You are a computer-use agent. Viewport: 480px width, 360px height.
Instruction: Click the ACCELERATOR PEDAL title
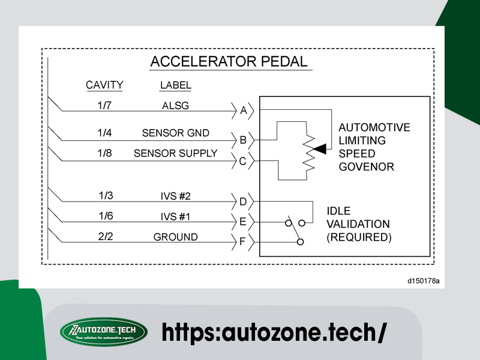229,62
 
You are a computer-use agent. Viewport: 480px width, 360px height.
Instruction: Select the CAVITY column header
104,85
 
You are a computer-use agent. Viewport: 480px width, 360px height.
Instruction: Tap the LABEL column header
175,85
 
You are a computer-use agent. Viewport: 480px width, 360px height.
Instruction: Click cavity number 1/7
105,106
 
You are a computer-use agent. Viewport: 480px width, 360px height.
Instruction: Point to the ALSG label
175,106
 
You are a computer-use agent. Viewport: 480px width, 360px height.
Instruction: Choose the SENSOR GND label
175,133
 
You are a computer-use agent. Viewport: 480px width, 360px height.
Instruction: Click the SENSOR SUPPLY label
175,153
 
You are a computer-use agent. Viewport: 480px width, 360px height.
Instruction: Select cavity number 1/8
105,153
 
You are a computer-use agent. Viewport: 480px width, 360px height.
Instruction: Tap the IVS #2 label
175,196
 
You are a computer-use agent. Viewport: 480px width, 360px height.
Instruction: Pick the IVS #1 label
175,216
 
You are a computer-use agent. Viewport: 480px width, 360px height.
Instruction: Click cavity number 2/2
105,237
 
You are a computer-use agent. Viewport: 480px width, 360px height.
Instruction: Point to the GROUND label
175,237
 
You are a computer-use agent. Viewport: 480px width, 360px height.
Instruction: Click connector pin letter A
243,110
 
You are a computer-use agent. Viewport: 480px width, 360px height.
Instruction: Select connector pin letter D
243,202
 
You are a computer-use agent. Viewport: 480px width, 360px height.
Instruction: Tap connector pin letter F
243,242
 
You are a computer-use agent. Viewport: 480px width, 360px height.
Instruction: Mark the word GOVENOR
366,167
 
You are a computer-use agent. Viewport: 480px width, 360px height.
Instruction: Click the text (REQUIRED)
359,237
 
